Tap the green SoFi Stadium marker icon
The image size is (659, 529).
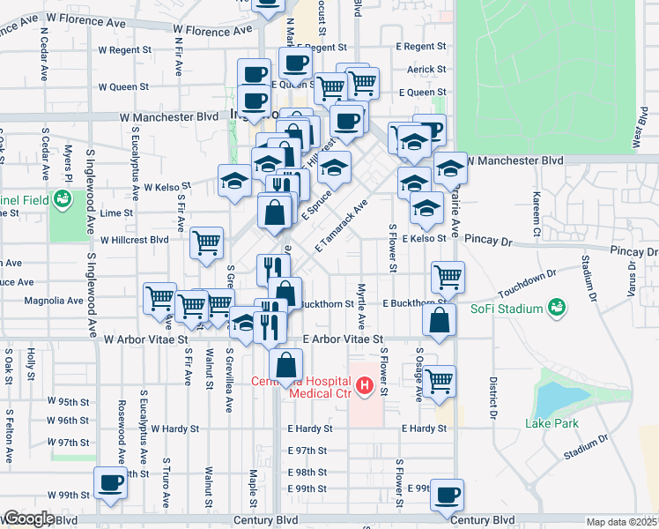(x=556, y=307)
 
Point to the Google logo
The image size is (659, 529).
(x=28, y=518)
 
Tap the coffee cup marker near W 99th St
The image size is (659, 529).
(x=111, y=482)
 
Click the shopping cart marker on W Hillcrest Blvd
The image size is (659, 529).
(x=206, y=241)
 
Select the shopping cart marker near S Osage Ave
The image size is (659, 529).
(x=439, y=382)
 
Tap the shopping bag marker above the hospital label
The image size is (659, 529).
(x=286, y=364)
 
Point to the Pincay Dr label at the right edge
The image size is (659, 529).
(x=633, y=251)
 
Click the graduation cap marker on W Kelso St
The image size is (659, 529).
(x=234, y=180)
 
